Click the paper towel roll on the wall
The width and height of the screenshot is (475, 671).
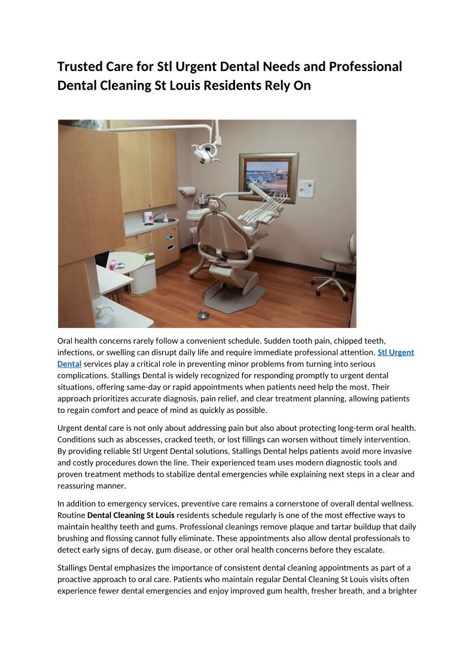click(x=188, y=191)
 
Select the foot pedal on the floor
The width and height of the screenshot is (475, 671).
click(x=203, y=314)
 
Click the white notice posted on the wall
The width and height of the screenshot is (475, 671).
click(x=306, y=188)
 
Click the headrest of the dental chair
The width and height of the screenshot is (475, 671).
click(x=214, y=206)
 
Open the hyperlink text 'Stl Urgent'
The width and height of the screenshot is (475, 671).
click(x=395, y=353)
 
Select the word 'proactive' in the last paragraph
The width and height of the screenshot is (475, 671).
click(x=75, y=580)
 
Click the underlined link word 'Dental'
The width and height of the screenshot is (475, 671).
click(x=69, y=364)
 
